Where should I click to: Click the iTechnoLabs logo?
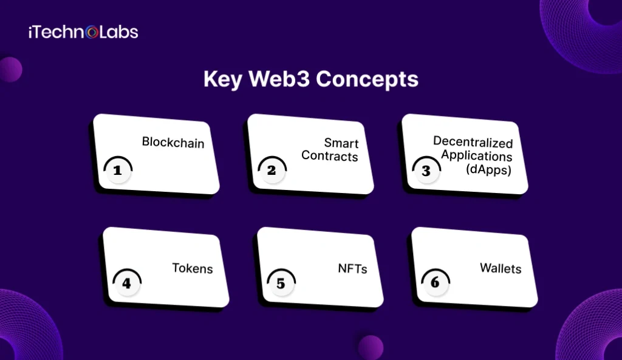pos(83,32)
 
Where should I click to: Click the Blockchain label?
pos(173,143)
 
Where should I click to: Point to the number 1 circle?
pos(117,171)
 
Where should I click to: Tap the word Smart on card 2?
pos(341,143)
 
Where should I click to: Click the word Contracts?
pos(330,156)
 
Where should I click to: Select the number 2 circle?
pos(272,171)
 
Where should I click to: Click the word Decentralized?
pos(473,142)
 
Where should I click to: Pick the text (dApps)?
pos(489,169)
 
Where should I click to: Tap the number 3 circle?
pos(426,171)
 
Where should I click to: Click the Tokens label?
pos(193,268)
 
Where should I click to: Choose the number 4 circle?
pos(126,284)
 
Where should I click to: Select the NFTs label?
pos(352,268)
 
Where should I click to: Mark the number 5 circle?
pos(281,284)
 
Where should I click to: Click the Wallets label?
pos(501,268)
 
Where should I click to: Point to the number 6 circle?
pos(436,284)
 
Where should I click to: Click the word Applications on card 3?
pos(477,155)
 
